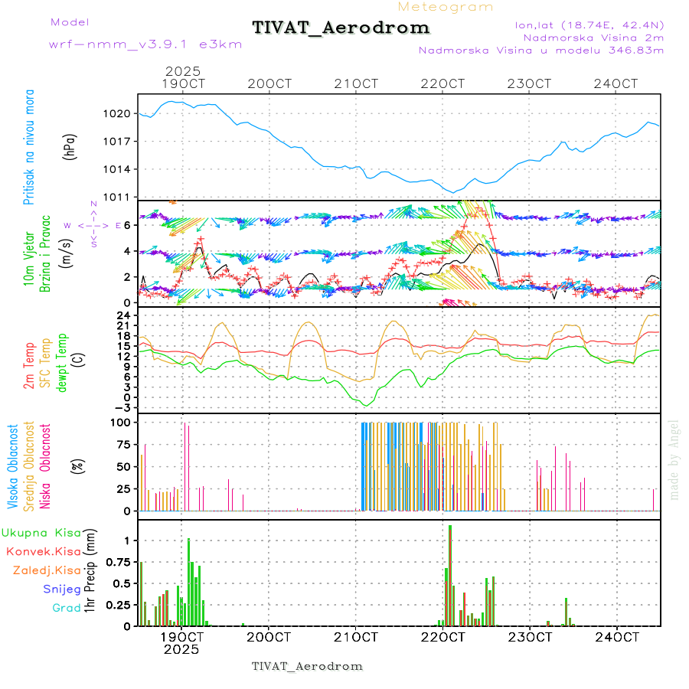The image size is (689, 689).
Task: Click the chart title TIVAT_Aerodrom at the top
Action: tap(341, 28)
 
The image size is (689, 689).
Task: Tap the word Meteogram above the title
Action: tap(446, 7)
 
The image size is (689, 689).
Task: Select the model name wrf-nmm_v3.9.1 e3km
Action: tap(145, 44)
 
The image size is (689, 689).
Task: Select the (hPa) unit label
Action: tap(70, 148)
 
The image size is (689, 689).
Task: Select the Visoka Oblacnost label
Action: tap(13, 466)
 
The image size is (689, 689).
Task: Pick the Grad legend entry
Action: tap(66, 609)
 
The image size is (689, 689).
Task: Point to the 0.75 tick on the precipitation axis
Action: tap(119, 562)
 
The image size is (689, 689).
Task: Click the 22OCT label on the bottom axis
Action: tap(444, 637)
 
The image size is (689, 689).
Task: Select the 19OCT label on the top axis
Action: tap(184, 83)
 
